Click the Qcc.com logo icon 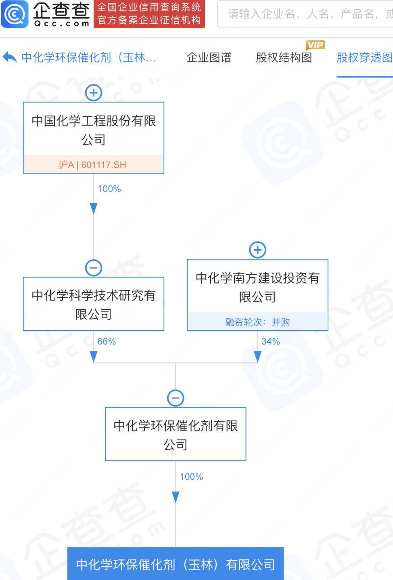point(15,14)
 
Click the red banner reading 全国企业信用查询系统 point(149,14)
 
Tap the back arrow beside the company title point(9,57)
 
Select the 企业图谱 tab point(209,58)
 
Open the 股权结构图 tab point(284,58)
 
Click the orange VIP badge point(315,45)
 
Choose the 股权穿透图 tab point(364,58)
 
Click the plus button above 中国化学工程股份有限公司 point(94,93)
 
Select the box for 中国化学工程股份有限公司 point(94,129)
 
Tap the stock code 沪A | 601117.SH point(93,165)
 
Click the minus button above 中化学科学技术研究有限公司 point(94,268)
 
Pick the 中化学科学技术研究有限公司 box point(94,304)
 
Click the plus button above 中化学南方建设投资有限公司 point(258,250)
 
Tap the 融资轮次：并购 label point(257,322)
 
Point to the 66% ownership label point(107,342)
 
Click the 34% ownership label point(270,342)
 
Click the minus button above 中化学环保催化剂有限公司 point(176,398)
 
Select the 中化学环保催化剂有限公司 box point(176,434)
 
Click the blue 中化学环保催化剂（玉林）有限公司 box point(176,564)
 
